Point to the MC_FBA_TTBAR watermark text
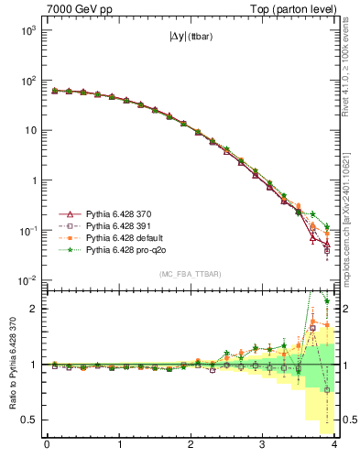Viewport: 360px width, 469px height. pyautogui.click(x=191, y=274)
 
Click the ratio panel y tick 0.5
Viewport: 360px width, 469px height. pyautogui.click(x=33, y=420)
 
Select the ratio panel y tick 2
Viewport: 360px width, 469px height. pyautogui.click(x=37, y=309)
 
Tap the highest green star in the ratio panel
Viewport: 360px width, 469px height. pyautogui.click(x=326, y=300)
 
